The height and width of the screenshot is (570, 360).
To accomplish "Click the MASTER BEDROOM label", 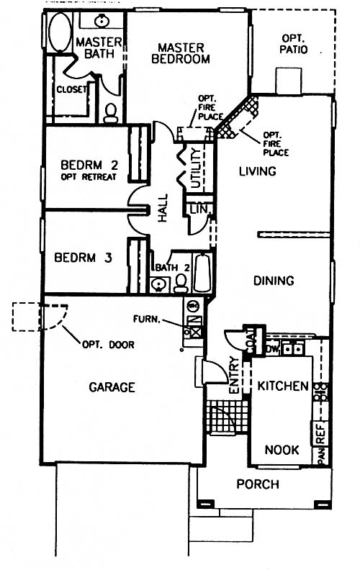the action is pos(181,53).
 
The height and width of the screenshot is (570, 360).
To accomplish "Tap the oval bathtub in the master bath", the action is pos(60,32).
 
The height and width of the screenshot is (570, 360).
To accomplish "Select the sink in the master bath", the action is pos(102,22).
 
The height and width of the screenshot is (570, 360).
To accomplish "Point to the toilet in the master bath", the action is pos(111,113).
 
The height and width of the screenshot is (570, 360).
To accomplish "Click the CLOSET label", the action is pos(71,89).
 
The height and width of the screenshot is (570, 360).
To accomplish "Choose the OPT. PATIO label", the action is pos(294,44).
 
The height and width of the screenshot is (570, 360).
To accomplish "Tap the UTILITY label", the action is pos(196,168).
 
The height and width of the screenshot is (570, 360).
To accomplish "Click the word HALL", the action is pos(163,208).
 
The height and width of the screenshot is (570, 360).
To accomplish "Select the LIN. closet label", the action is pos(199,209).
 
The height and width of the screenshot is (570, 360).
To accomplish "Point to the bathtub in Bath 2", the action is pos(202,272).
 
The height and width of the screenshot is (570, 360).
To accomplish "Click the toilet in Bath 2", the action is pos(181,283).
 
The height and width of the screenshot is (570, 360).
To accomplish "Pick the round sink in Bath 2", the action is pos(158,284).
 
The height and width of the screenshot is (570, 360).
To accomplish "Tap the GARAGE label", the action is pos(112,387).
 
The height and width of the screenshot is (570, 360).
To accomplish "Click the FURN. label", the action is pos(147,320).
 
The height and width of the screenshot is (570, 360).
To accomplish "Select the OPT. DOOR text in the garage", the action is pos(109,344).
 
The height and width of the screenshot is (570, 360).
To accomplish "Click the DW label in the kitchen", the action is pos(272,349).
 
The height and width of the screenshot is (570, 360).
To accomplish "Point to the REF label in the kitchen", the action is pos(320,433).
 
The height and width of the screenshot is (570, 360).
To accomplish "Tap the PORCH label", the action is pos(258,484).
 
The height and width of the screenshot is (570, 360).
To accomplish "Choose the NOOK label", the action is pos(282,450).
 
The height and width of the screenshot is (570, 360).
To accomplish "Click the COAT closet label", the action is pos(251,340).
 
